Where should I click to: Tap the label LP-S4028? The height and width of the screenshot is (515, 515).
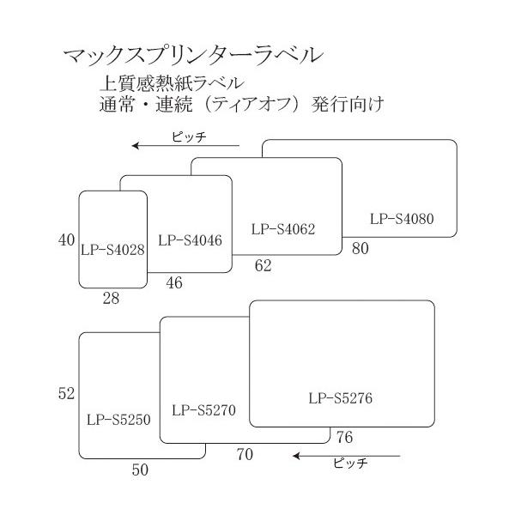(112, 250)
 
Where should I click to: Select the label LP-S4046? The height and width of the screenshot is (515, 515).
(191, 239)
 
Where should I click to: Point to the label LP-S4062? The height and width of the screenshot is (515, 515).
(284, 229)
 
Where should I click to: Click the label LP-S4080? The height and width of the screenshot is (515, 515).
(403, 218)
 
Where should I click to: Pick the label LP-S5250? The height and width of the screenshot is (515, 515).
(118, 420)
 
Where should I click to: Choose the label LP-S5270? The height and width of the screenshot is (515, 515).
(203, 409)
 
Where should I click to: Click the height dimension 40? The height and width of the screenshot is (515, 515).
(67, 241)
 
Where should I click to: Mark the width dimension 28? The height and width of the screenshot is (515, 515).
(110, 298)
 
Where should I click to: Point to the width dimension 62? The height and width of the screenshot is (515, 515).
(263, 266)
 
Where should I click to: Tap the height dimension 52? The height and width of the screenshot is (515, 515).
(67, 394)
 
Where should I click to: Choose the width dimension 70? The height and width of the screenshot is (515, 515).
(245, 454)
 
